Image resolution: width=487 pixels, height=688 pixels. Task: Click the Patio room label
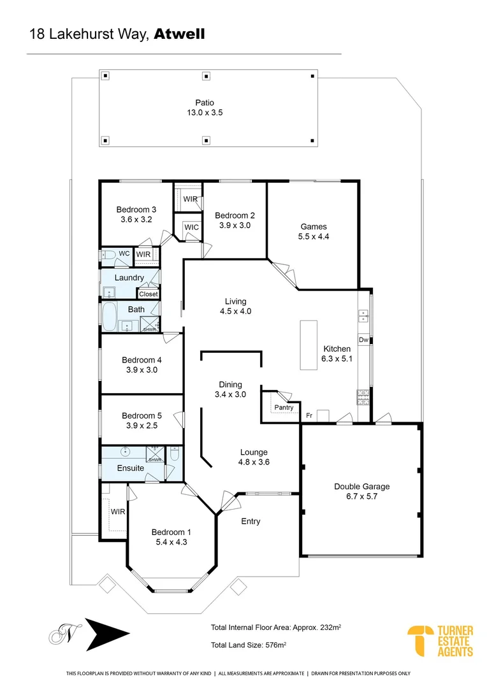tap(205, 103)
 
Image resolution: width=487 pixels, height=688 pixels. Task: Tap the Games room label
tap(314, 226)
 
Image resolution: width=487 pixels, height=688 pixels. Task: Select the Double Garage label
tap(362, 486)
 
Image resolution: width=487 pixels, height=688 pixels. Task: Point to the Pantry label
tap(284, 407)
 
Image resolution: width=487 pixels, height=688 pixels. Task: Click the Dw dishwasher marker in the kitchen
tap(363, 340)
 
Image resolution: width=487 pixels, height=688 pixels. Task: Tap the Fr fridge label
tap(309, 415)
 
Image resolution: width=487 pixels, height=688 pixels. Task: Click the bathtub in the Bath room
tap(109, 316)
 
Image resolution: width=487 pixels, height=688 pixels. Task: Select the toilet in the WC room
tap(108, 254)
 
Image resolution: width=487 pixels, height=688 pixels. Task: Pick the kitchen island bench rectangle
tap(309, 345)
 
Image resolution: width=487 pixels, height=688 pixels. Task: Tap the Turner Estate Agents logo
tap(440, 641)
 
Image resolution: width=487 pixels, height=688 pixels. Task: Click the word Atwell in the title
tap(179, 34)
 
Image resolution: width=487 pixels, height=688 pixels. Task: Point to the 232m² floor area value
tap(331, 627)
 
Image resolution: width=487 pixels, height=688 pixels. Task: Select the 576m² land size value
tap(276, 645)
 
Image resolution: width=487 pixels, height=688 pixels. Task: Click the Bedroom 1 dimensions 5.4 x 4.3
tap(171, 542)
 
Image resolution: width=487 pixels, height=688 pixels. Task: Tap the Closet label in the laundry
tap(149, 294)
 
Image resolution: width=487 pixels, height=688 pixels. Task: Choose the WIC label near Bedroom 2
tap(191, 227)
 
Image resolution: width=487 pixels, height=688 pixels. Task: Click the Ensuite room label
tap(131, 468)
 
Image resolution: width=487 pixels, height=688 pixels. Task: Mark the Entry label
tap(251, 521)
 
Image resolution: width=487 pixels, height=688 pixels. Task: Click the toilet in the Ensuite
tap(175, 454)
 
